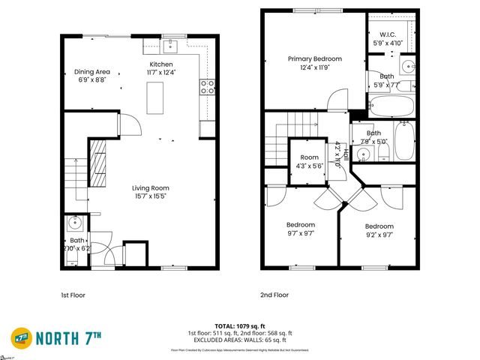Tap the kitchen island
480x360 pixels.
[156, 95]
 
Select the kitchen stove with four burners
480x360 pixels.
[206, 86]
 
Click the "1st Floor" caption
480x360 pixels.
[73, 295]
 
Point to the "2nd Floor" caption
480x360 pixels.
[274, 295]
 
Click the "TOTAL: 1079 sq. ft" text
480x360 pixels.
[240, 327]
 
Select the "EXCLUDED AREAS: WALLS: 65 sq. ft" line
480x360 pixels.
[240, 340]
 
